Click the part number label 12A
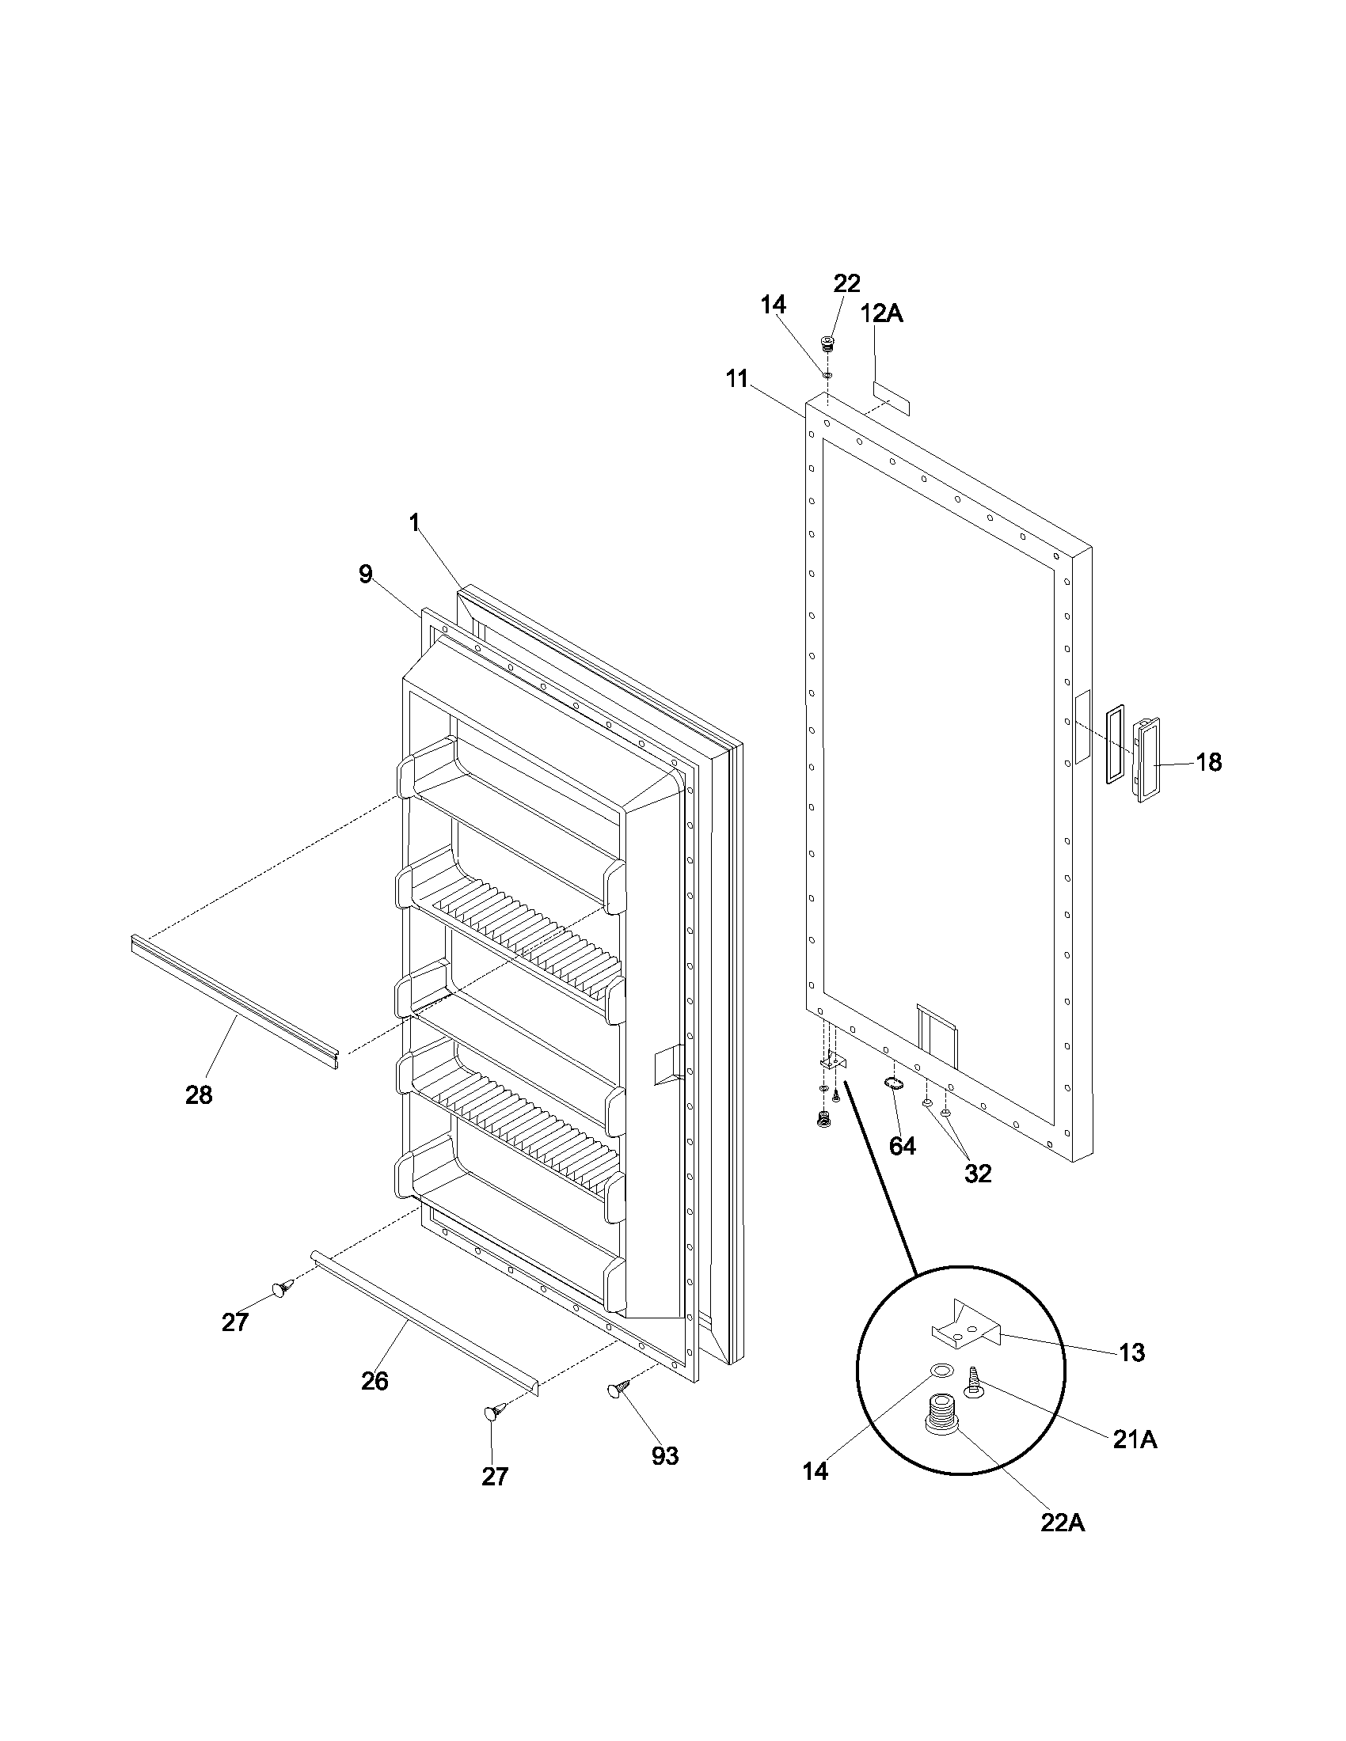click(x=881, y=313)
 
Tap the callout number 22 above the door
click(x=847, y=283)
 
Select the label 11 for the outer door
click(x=738, y=378)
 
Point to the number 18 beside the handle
click(x=1209, y=762)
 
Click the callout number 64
click(x=903, y=1147)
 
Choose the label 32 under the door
click(x=978, y=1173)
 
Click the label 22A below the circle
click(x=1062, y=1523)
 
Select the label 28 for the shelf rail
click(x=199, y=1095)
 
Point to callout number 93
click(x=664, y=1455)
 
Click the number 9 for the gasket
click(x=365, y=574)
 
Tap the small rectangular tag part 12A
click(x=891, y=396)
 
